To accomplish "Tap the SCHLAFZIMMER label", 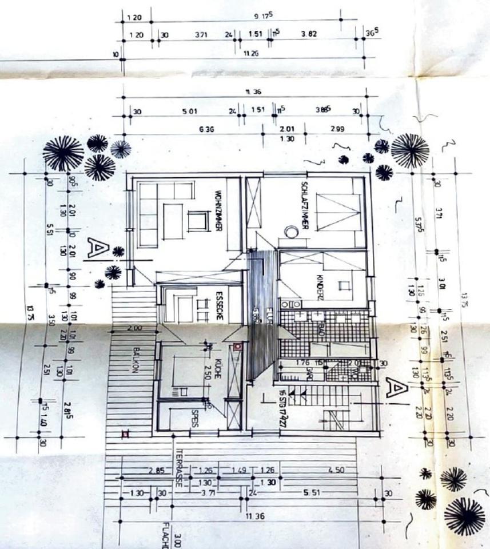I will coord(305,205).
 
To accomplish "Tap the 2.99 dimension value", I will coord(337,129).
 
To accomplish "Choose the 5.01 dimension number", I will coord(190,111).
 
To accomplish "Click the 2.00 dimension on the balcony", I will coord(136,328).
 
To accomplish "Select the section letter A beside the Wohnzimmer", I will coord(97,247).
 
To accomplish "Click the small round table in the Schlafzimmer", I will coord(291,231).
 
